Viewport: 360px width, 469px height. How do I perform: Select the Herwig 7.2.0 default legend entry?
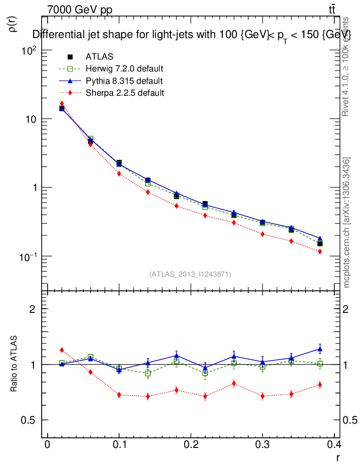point(124,69)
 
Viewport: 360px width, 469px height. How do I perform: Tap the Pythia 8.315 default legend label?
point(124,81)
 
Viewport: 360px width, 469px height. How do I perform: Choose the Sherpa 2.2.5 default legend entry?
point(125,93)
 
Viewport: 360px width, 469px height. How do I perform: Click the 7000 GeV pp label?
point(80,10)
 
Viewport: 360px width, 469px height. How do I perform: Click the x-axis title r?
point(338,457)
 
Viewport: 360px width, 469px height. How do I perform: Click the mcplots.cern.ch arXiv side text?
point(347,223)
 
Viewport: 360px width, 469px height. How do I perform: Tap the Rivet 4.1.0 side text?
point(346,66)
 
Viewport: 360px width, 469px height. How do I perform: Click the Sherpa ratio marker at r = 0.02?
point(62,350)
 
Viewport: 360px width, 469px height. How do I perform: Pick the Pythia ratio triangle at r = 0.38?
point(320,349)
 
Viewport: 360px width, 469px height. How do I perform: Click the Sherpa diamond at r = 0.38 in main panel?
point(320,251)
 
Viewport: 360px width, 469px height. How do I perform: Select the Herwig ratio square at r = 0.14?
point(148,373)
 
